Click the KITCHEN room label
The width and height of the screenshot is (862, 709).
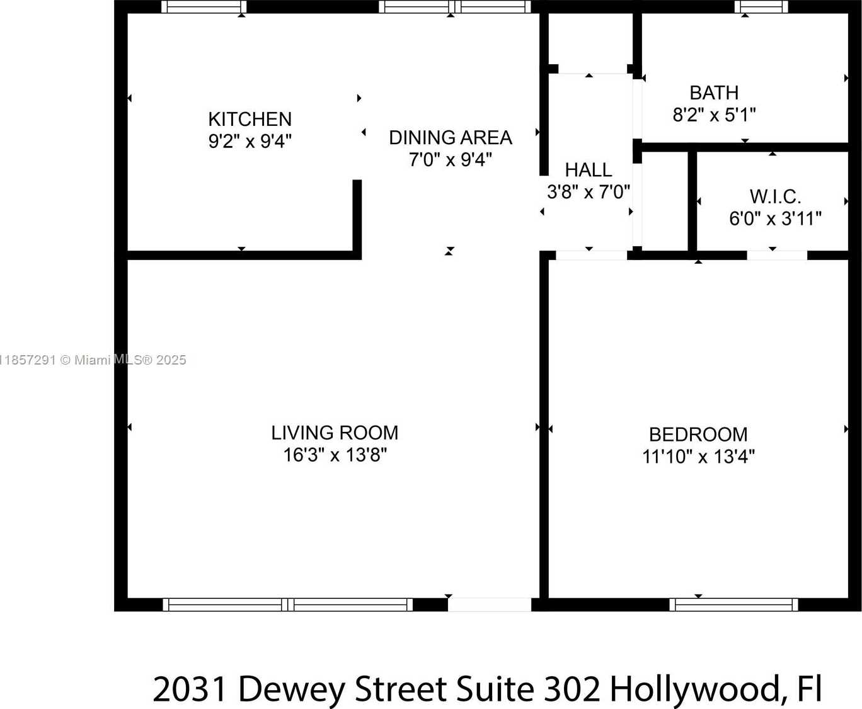tap(250, 119)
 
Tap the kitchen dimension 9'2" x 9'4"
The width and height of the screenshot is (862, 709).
tap(250, 141)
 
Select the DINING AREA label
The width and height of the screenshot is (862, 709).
tap(450, 137)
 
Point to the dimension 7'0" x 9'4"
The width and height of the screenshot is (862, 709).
tap(450, 159)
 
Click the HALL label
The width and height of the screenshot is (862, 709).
tap(588, 169)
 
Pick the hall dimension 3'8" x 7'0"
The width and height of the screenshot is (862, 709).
tap(588, 191)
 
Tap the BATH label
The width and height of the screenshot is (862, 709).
tap(713, 93)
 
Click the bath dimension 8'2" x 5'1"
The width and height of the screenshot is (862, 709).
tap(713, 115)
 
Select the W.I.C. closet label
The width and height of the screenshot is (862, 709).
tap(775, 196)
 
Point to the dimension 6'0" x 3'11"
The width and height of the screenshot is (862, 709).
tap(775, 218)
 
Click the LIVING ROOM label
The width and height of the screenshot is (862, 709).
tap(335, 433)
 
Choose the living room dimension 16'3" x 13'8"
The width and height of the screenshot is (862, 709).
tap(335, 455)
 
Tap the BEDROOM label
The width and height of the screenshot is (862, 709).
tap(698, 434)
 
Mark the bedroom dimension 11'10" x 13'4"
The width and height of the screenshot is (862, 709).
tap(698, 457)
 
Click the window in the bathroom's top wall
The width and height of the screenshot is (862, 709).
tap(761, 7)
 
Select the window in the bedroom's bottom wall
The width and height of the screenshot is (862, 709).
tap(733, 604)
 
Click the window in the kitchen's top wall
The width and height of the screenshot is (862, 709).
tap(204, 7)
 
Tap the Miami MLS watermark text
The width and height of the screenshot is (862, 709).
tap(93, 360)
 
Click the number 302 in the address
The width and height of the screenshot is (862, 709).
tap(572, 688)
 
